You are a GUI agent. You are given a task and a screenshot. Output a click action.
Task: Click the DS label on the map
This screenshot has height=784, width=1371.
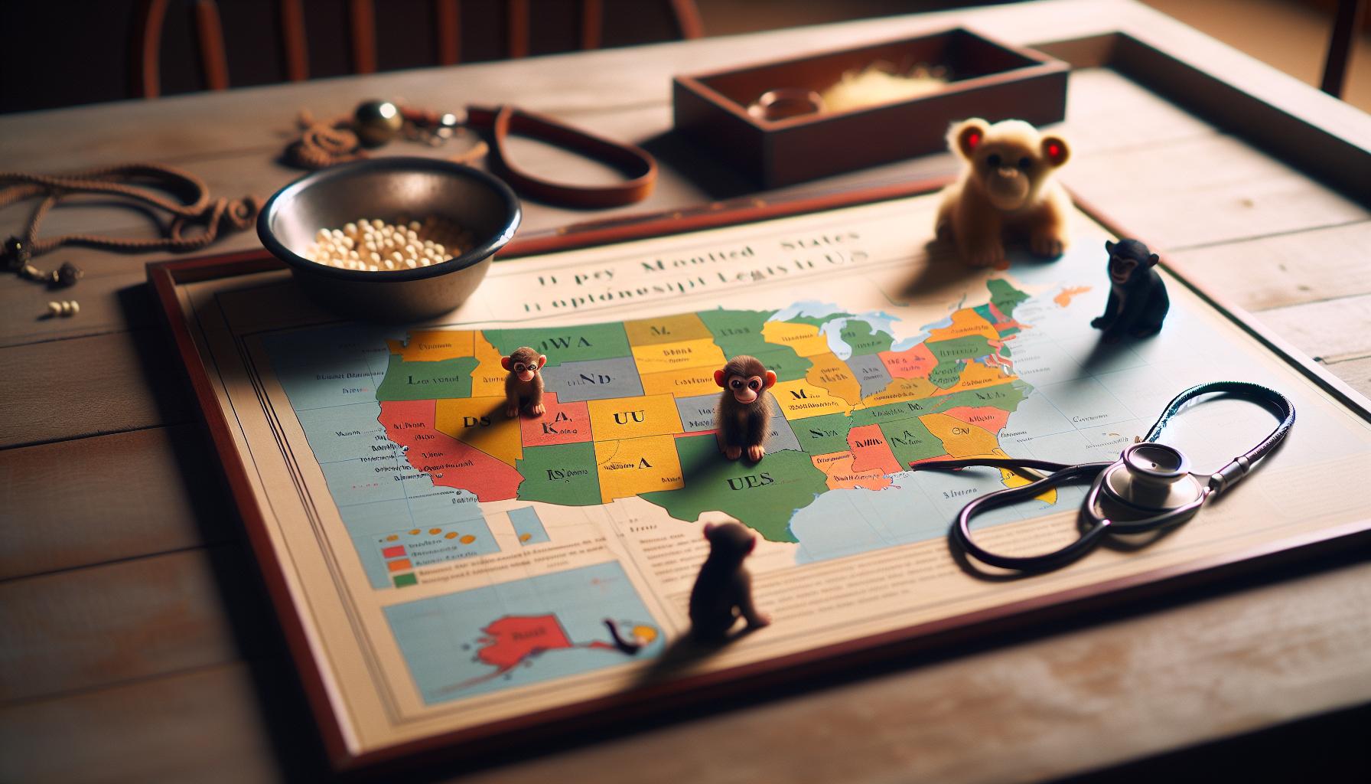click(x=471, y=421)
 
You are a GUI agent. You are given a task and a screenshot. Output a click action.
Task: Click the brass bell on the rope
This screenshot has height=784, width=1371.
click(x=377, y=121)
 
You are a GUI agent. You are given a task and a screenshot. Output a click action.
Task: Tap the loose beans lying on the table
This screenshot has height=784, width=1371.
click(x=64, y=309)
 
